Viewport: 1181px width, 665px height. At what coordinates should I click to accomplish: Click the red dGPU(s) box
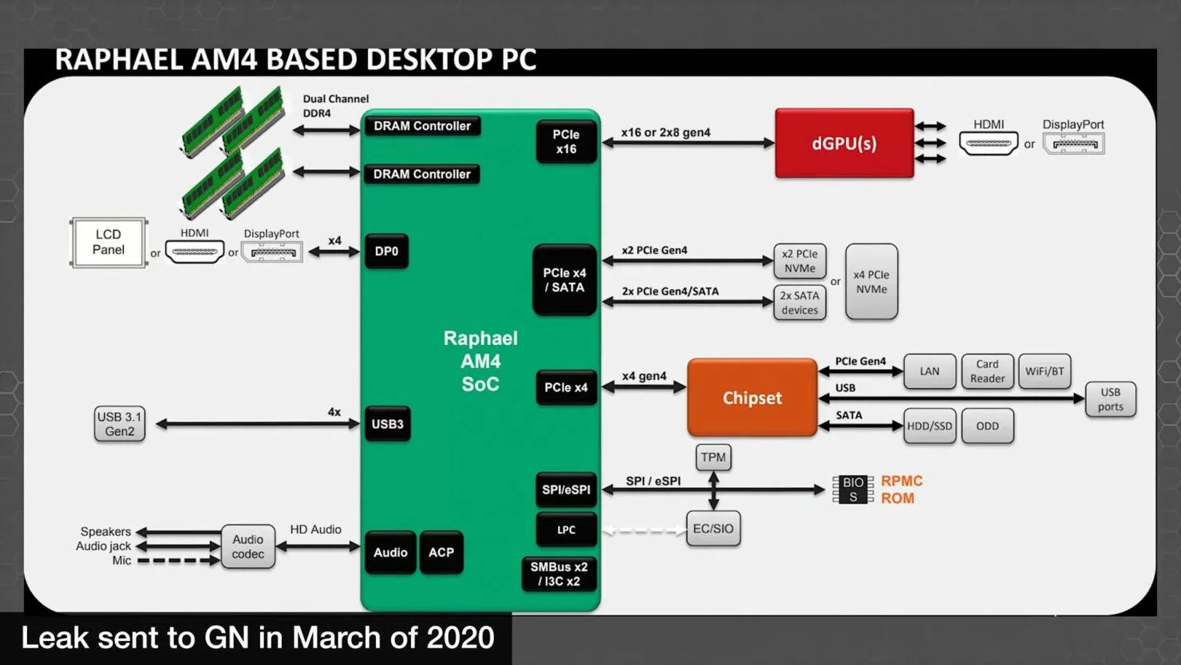[x=844, y=144]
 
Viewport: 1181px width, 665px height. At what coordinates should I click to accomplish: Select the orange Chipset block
[x=752, y=398]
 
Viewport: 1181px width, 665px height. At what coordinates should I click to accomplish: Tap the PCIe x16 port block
[x=566, y=142]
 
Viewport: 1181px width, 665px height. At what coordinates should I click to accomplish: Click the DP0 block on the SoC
[x=386, y=251]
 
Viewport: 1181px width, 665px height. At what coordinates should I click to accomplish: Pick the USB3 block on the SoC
[x=387, y=424]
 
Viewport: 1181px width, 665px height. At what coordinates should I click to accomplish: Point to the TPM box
[x=713, y=457]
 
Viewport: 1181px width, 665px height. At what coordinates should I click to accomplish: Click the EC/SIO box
[x=713, y=528]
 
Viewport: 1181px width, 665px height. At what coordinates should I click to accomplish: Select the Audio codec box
[x=248, y=547]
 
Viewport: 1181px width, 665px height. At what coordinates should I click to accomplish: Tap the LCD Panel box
[x=109, y=242]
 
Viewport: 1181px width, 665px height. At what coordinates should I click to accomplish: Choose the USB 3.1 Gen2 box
[x=120, y=424]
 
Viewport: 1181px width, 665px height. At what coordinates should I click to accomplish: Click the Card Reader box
[x=987, y=371]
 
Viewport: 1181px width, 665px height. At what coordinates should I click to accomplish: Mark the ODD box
[x=987, y=426]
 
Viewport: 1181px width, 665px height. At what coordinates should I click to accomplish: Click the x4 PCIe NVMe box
[x=871, y=282]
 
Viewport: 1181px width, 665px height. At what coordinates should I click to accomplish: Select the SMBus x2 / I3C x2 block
[x=559, y=574]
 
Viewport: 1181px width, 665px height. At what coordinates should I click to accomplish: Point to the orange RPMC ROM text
[x=901, y=489]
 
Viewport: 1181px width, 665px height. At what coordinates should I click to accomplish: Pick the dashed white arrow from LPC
[x=644, y=529]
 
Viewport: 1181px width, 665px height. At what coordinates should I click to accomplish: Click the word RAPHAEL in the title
[x=118, y=60]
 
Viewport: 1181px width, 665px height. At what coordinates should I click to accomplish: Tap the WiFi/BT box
[x=1045, y=371]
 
